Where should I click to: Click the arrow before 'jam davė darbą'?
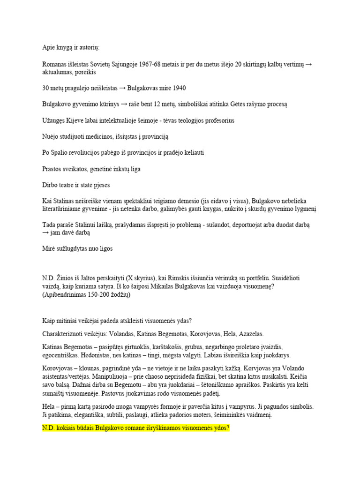click(45, 232)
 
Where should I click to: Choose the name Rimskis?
click(164, 278)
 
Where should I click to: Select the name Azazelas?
click(248, 334)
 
